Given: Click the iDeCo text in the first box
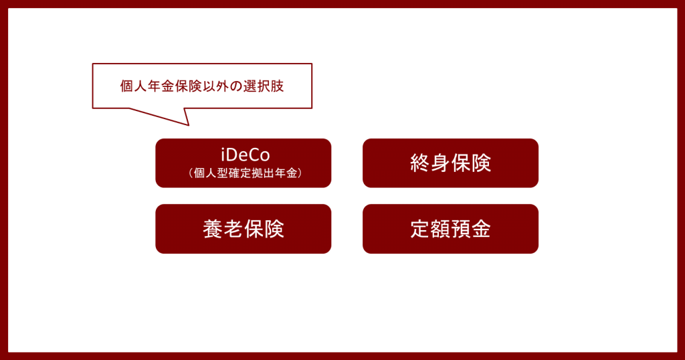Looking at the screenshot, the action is click(245, 155).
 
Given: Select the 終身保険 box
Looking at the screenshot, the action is click(450, 163).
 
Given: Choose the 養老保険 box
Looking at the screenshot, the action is click(243, 229).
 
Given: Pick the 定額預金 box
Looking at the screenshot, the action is click(450, 229).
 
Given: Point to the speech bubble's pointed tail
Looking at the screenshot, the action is click(188, 125).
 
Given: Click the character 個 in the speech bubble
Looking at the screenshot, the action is click(126, 86).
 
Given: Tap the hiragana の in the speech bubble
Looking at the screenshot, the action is click(236, 86).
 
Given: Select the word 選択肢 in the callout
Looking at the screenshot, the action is click(264, 86).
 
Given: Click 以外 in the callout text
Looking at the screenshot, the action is click(216, 86).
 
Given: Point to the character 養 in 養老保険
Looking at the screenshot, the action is click(213, 229).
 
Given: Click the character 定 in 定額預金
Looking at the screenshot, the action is click(420, 229).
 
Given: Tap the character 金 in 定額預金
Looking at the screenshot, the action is click(481, 229).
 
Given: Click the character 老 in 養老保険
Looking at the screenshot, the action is click(233, 229).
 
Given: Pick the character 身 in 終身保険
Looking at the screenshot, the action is click(440, 163).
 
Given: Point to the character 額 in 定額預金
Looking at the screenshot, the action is click(440, 229).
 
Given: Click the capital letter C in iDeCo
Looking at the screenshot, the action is click(255, 155).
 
